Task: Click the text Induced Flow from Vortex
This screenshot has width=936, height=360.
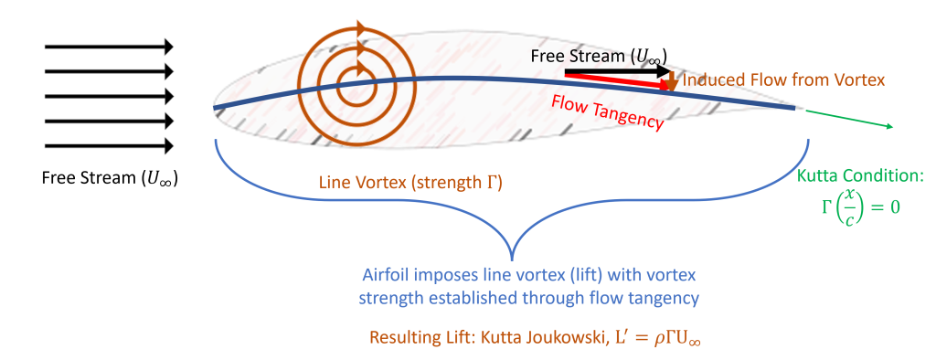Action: pos(783,80)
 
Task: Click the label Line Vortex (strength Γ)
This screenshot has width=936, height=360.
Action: pos(410,184)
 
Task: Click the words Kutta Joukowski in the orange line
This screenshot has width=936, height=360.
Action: pos(548,338)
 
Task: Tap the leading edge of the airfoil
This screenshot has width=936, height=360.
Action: pos(214,108)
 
